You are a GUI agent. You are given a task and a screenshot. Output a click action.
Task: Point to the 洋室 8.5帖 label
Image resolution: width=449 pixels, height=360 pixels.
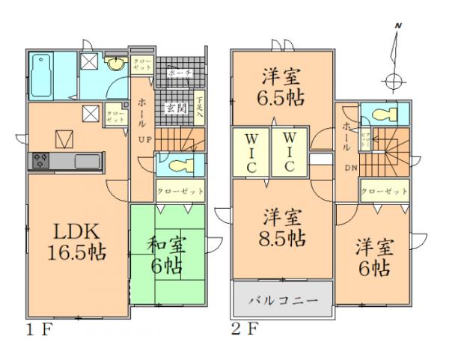click(283, 228)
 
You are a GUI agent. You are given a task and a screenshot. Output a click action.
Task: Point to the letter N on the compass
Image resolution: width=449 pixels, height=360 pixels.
click(399, 27)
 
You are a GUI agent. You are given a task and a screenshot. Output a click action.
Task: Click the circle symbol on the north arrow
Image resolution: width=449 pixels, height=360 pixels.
click(391, 81)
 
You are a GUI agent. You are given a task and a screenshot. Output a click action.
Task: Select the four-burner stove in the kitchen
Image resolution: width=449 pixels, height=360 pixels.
click(39, 160)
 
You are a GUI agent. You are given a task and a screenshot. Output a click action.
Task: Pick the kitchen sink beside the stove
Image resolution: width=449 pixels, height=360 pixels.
click(86, 160)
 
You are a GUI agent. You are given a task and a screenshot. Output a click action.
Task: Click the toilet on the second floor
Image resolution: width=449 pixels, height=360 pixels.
click(383, 115)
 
